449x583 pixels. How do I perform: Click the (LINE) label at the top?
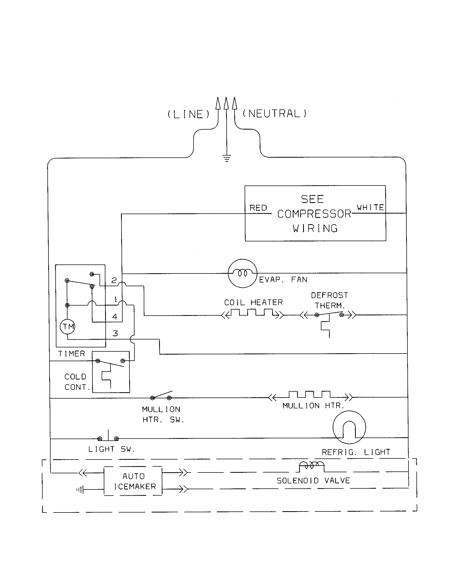click(188, 114)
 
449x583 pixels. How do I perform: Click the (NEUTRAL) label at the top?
click(275, 114)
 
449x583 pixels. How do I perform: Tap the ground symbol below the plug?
click(226, 159)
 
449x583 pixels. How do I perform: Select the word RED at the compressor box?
click(258, 208)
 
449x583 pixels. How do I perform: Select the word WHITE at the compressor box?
click(370, 207)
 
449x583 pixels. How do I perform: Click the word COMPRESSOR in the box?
click(314, 214)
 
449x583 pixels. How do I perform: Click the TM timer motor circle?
click(68, 326)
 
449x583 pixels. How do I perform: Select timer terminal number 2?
click(114, 280)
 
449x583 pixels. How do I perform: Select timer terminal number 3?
click(115, 333)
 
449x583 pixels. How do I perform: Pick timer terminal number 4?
click(115, 317)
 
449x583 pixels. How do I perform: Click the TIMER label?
click(71, 354)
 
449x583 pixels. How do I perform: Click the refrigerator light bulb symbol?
click(349, 428)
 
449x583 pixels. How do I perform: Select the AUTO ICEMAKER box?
click(133, 481)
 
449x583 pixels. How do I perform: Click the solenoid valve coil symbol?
click(311, 466)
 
